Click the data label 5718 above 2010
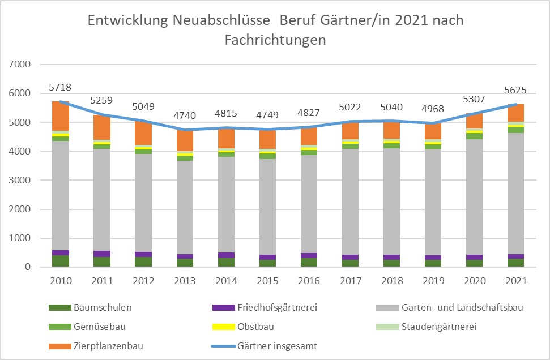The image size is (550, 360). (60, 87)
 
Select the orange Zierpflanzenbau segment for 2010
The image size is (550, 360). (61, 116)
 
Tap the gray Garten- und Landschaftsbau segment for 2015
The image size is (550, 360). (267, 207)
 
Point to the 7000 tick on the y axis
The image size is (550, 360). (20, 65)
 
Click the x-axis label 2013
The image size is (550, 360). (185, 281)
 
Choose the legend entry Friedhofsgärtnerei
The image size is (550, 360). (265, 307)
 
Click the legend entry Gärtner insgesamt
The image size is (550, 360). (265, 346)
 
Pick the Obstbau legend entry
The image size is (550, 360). (244, 327)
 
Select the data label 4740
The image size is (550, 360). (185, 115)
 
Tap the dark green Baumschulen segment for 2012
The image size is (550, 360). (143, 262)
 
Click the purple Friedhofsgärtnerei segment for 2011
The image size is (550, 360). (102, 254)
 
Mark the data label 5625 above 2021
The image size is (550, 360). (515, 90)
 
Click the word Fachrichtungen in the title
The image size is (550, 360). (275, 40)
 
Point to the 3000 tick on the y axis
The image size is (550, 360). (20, 180)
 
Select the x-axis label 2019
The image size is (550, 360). (433, 281)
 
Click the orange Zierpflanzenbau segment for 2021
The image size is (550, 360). (515, 113)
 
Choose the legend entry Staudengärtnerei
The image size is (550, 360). (426, 327)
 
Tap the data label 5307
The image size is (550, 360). (474, 99)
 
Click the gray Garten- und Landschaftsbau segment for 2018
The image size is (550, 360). (392, 201)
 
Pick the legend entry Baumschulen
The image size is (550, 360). (91, 307)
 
